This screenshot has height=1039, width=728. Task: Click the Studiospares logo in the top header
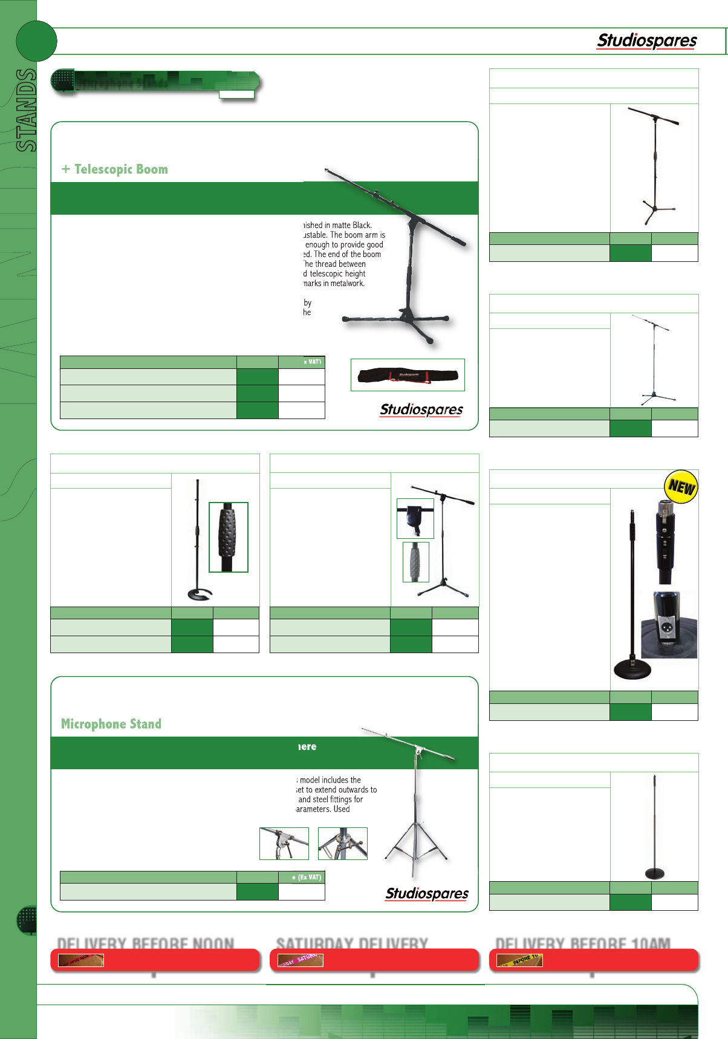(x=646, y=41)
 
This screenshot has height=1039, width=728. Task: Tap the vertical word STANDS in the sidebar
(x=27, y=109)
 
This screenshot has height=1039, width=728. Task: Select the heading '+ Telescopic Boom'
(x=115, y=169)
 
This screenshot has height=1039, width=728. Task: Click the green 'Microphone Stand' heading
(x=111, y=724)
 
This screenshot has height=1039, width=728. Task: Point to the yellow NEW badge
(x=681, y=487)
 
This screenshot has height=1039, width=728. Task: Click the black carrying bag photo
(x=407, y=375)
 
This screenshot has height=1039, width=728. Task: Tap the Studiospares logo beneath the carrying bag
(x=421, y=409)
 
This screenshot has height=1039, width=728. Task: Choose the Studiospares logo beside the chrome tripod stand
(x=427, y=893)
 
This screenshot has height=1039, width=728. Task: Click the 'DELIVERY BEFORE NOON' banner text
(x=145, y=943)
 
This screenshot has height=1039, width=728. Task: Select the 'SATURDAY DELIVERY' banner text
(x=352, y=943)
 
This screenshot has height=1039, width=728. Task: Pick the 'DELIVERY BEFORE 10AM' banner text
(x=582, y=943)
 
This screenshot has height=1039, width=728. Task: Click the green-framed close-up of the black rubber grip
(x=229, y=537)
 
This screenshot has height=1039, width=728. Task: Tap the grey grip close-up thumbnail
(x=416, y=562)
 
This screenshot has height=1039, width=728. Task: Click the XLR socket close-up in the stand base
(x=669, y=625)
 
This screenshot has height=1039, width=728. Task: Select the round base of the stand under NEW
(x=632, y=669)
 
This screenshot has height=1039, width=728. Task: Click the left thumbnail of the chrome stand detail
(x=284, y=844)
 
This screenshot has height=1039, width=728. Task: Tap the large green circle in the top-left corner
(x=36, y=41)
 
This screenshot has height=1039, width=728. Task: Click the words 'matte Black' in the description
(x=349, y=225)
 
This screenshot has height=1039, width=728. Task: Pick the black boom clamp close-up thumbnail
(x=415, y=518)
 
